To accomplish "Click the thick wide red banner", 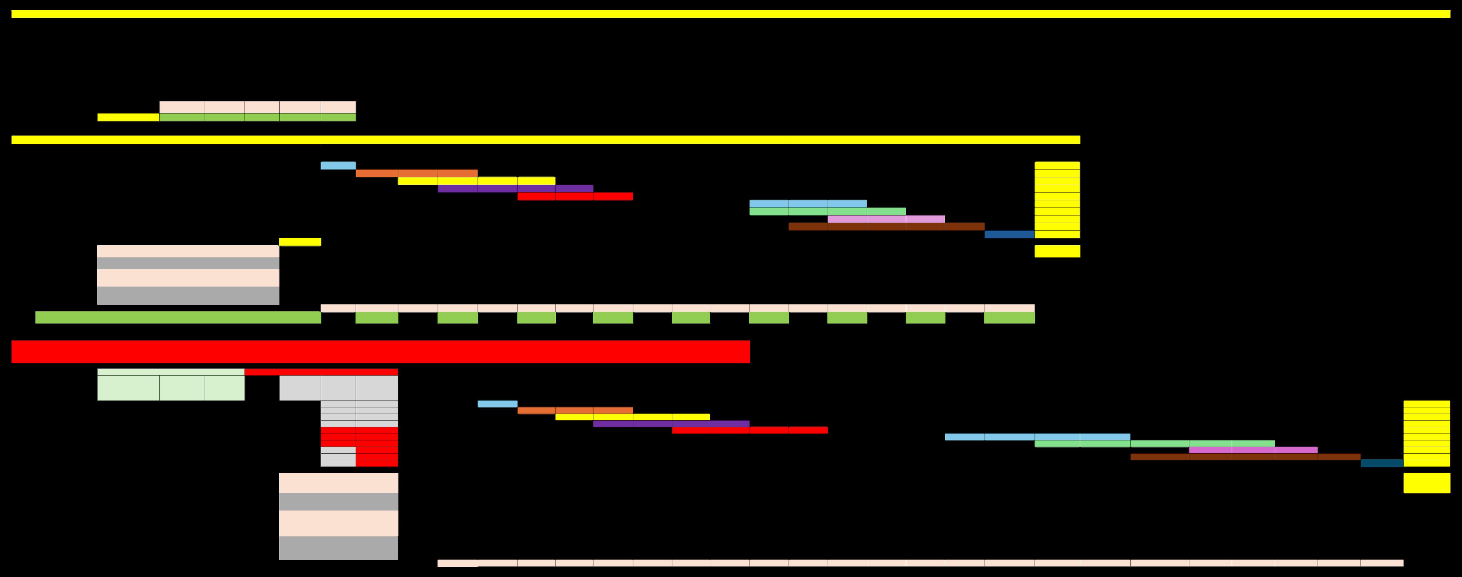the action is coord(380,351).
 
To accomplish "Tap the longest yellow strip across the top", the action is coord(731,14).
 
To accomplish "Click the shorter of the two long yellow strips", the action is coord(545,140).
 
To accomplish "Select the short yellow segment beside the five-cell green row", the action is coord(128,117).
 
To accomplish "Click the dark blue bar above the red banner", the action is coord(1009,234).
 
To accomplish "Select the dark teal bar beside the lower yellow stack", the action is coord(1382,463).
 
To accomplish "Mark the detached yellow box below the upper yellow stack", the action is coord(1057,251).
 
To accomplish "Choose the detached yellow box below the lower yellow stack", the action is coord(1426,483).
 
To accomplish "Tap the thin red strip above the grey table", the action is coord(321,372).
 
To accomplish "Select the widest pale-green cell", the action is coord(128,388).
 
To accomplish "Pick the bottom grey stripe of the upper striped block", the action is coord(188,295).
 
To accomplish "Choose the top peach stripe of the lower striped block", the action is coord(338,483).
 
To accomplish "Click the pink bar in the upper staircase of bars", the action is coord(886,219).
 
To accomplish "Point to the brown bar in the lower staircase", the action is coord(1245,457).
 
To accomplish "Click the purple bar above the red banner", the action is coord(515,189).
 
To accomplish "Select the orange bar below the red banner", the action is coord(575,410).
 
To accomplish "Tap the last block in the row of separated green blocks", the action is coord(1009,317).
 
